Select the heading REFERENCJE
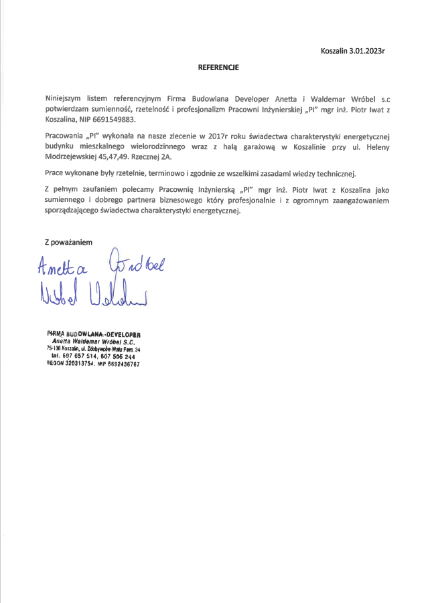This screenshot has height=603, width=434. tap(218, 68)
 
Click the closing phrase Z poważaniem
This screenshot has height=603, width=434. tap(68, 241)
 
